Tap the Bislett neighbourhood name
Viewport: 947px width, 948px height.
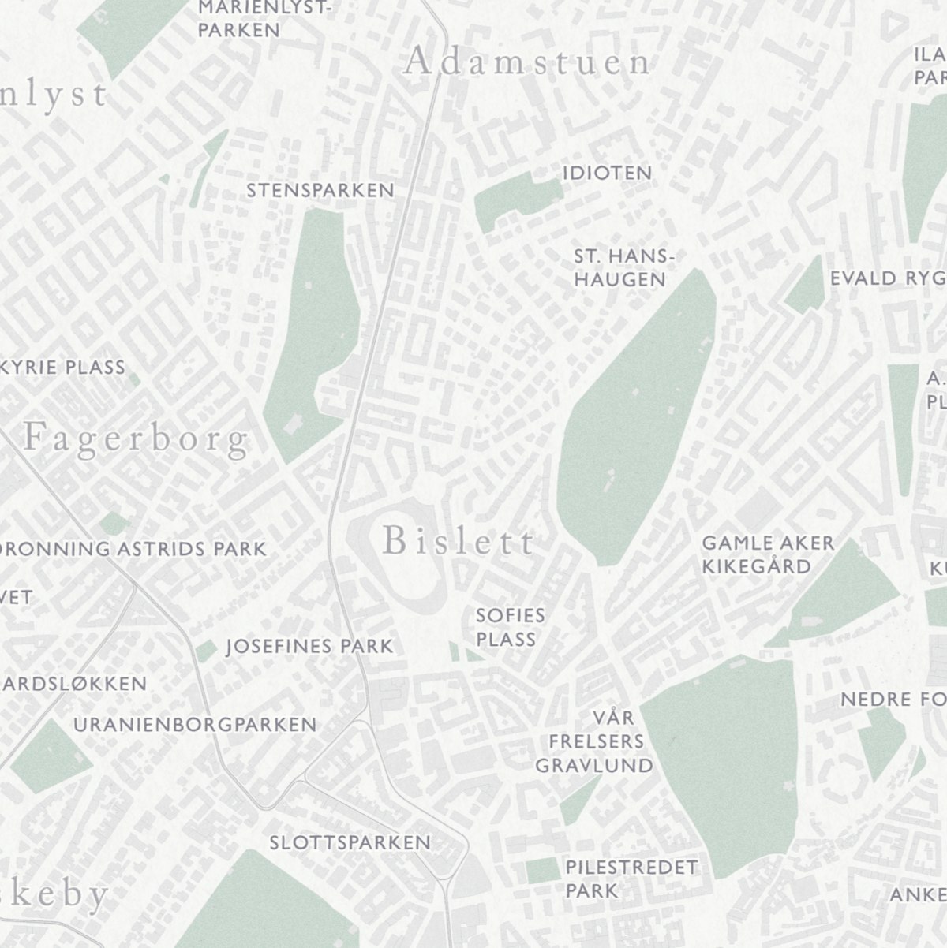point(459,542)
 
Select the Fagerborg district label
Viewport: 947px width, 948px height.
point(136,439)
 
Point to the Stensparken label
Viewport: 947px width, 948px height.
point(320,190)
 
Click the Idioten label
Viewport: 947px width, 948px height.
point(607,173)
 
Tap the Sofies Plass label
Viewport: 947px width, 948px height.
point(510,627)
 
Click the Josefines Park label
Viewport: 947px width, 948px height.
point(309,647)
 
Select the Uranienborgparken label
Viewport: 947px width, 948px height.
point(195,724)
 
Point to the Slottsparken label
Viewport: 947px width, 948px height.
point(350,842)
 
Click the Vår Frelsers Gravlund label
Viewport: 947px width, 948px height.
point(594,741)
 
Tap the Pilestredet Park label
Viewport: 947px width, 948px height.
point(631,879)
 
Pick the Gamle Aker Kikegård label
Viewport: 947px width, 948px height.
point(767,554)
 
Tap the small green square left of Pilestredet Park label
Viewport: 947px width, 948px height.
point(543,871)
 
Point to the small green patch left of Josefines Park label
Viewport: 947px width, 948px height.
point(206,650)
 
